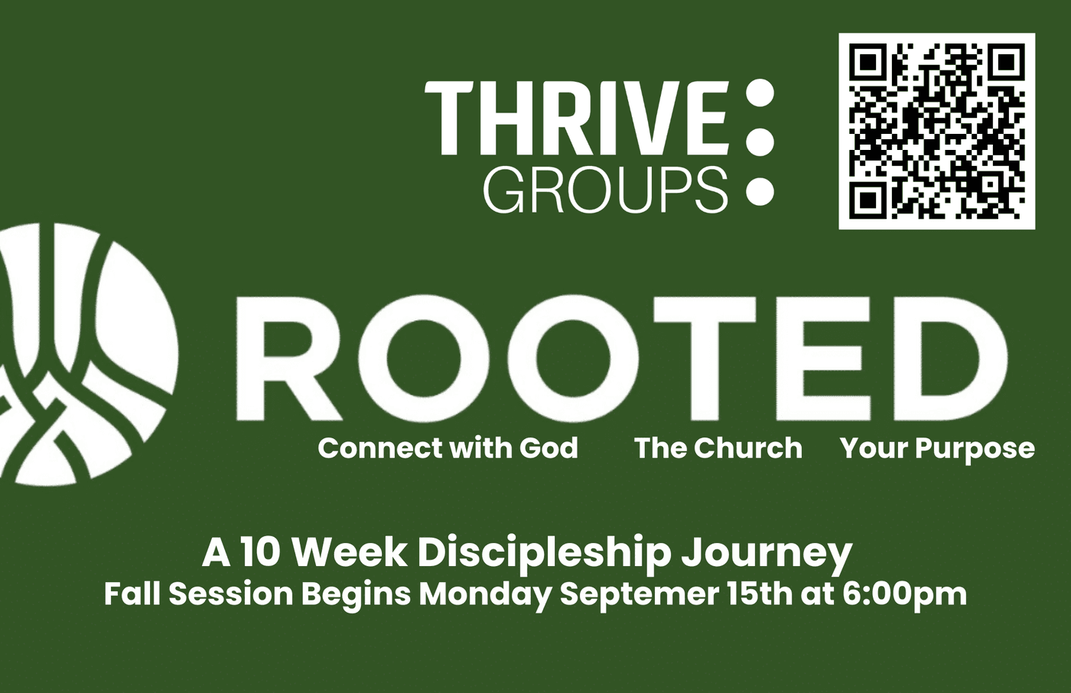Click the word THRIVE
click(577, 118)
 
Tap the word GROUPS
click(606, 190)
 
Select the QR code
click(937, 132)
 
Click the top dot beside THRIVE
click(760, 93)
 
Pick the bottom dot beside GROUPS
click(760, 191)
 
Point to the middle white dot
click(760, 142)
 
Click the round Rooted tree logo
click(86, 353)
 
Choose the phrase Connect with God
click(448, 449)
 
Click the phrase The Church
click(718, 448)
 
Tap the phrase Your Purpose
click(937, 450)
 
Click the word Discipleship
click(544, 555)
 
